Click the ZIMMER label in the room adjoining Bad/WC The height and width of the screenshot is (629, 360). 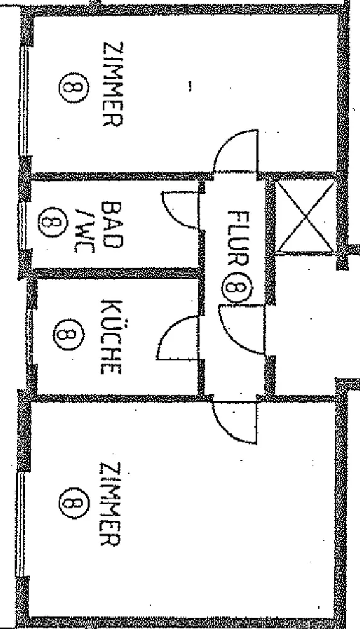coord(113,84)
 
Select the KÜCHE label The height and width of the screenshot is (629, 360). coord(110,336)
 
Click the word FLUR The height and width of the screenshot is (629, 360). coord(238,238)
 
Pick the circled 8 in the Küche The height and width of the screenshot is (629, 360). coord(69,335)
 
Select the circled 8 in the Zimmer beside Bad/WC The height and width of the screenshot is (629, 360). coord(74,87)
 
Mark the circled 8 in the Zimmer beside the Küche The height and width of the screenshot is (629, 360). coord(74,503)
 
